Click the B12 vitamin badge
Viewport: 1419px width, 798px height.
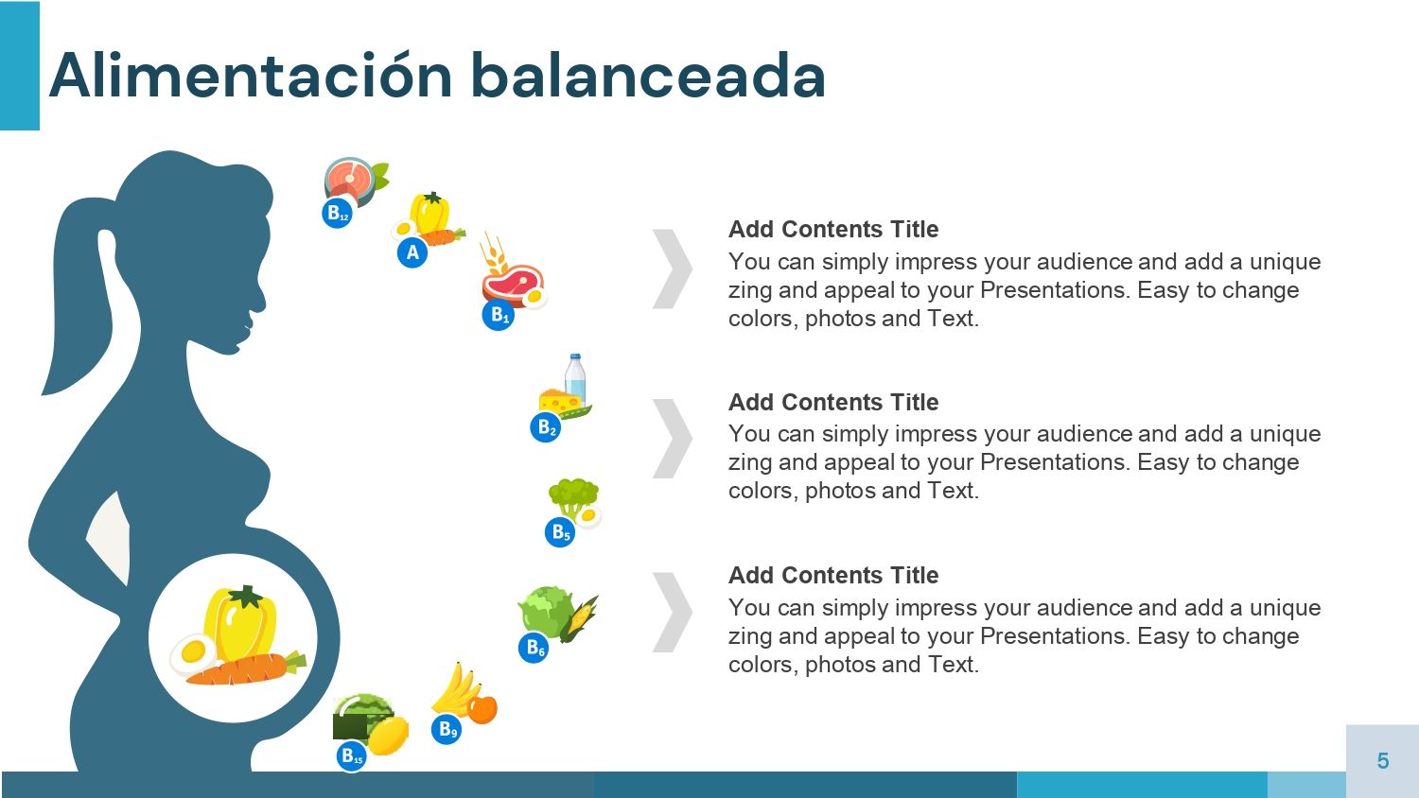click(337, 213)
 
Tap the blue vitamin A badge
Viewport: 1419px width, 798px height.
click(412, 252)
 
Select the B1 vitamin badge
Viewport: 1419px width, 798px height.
click(499, 315)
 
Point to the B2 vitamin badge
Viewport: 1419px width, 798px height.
click(546, 426)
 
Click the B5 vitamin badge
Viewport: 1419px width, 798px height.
click(560, 532)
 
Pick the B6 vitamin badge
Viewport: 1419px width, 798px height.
click(534, 648)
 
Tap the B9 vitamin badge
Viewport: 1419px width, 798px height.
click(447, 729)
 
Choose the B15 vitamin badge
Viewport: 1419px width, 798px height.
click(352, 756)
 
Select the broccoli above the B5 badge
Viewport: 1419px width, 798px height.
click(573, 497)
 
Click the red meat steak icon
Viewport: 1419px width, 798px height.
click(513, 284)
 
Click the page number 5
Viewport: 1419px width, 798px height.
click(1383, 760)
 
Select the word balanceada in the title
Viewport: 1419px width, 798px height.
click(648, 76)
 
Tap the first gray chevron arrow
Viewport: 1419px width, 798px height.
click(672, 269)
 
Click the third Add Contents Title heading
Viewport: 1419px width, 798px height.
click(833, 575)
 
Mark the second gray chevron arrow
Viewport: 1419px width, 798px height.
click(672, 439)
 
